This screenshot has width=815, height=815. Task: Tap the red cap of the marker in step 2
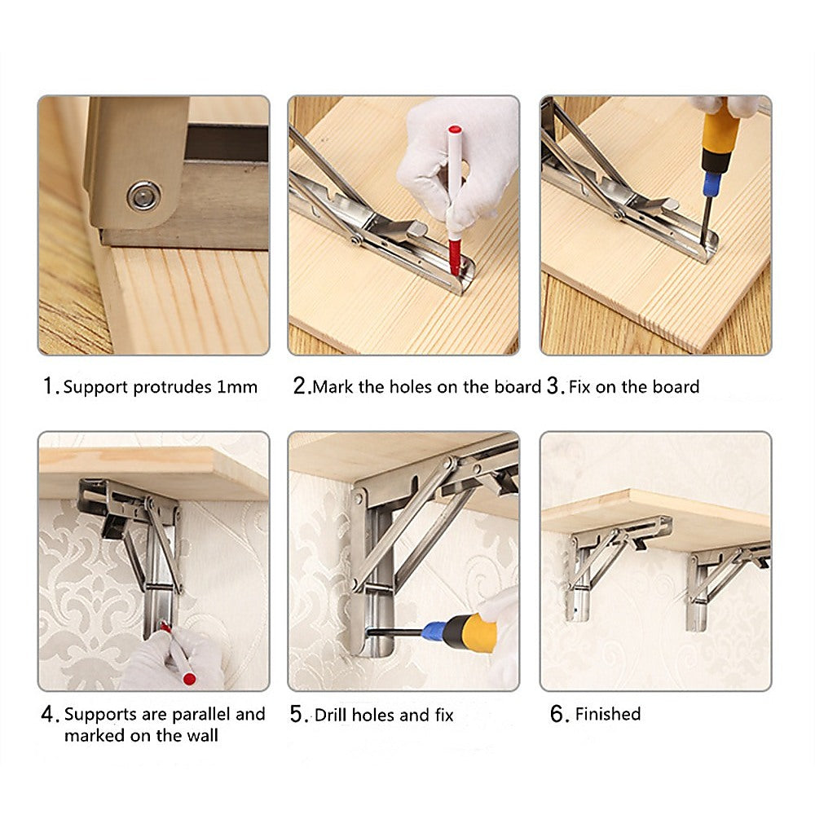pyautogui.click(x=455, y=129)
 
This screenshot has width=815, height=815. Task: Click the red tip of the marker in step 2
pyautogui.click(x=454, y=257)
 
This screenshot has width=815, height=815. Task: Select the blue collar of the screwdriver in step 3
pyautogui.click(x=711, y=183)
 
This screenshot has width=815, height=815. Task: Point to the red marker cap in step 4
pyautogui.click(x=189, y=678)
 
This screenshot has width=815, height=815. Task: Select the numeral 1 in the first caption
pyautogui.click(x=48, y=386)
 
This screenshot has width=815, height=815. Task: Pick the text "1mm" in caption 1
pyautogui.click(x=237, y=387)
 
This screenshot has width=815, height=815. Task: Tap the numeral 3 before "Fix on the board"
pyautogui.click(x=553, y=385)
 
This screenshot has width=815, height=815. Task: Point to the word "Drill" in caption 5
pyautogui.click(x=330, y=715)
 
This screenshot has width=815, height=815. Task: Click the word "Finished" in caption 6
pyautogui.click(x=608, y=714)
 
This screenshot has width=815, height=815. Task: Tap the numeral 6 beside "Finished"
pyautogui.click(x=557, y=714)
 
